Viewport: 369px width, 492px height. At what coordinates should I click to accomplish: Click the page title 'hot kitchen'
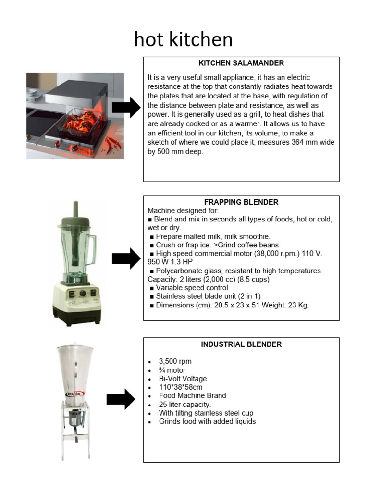coord(184,39)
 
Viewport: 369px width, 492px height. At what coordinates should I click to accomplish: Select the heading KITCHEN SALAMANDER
coord(241,63)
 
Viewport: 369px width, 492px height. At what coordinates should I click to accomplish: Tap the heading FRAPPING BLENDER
coord(241,202)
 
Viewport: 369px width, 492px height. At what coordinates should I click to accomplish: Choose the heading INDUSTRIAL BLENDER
coord(241,344)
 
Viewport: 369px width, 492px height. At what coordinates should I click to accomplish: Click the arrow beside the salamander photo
coord(126,109)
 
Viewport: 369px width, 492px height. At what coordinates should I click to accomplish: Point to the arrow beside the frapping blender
coord(126,259)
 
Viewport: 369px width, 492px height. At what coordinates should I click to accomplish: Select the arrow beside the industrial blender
coord(121,399)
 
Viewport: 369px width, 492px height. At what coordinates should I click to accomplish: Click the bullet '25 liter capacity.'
coord(185,405)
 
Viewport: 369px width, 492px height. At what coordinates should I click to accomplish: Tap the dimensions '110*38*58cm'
coord(182,387)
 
